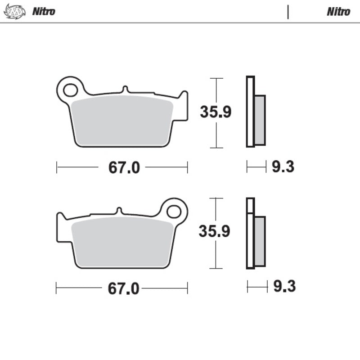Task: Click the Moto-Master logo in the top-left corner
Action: click(13, 11)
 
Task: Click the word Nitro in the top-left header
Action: click(44, 12)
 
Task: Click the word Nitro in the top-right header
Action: click(338, 12)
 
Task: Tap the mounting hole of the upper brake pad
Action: click(70, 90)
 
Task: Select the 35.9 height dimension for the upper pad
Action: click(216, 112)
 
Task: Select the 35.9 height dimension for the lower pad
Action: click(215, 232)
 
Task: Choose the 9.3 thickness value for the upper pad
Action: click(283, 167)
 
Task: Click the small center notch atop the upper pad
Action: click(126, 89)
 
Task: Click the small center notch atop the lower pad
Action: click(119, 211)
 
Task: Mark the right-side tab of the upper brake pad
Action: click(183, 106)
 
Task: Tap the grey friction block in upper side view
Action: click(260, 120)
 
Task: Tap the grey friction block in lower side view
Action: click(260, 241)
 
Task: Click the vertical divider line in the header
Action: click(288, 12)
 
